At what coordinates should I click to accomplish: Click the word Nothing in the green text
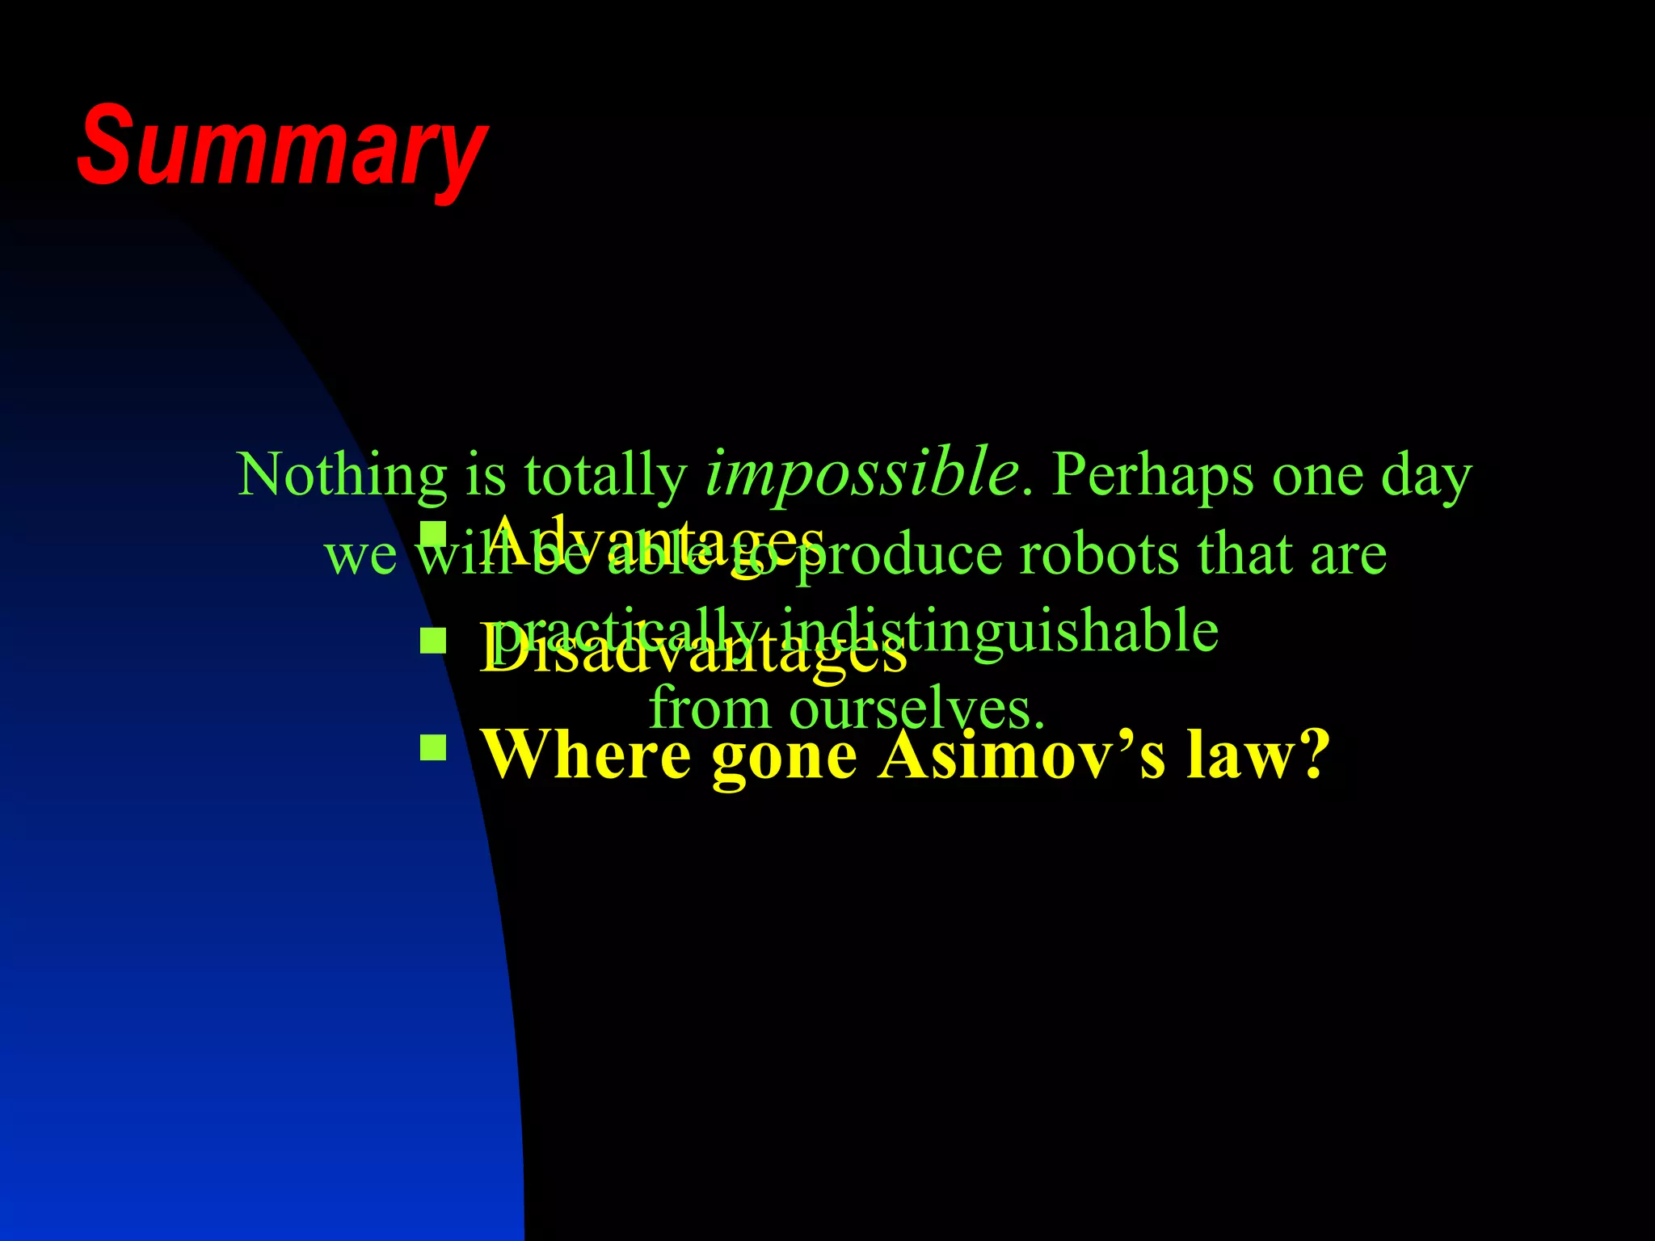(341, 474)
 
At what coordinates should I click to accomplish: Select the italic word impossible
(861, 473)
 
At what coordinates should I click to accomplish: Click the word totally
(605, 474)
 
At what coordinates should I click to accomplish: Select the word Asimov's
(1023, 755)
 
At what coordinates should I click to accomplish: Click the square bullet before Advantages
(434, 534)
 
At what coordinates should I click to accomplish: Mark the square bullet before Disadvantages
(434, 642)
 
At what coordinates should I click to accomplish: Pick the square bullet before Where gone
(434, 747)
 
